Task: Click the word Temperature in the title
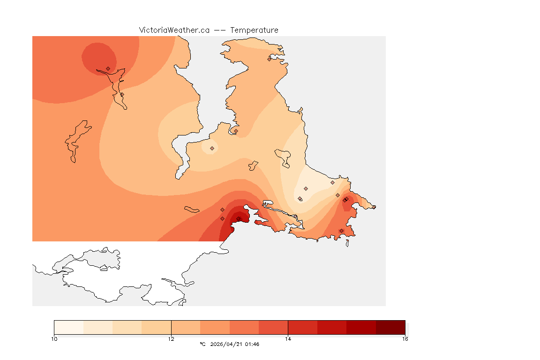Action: [x=254, y=30]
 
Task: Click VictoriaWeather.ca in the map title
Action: [x=174, y=30]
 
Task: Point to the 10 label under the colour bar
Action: [x=54, y=338]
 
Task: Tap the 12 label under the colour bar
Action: [x=171, y=338]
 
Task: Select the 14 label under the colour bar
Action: [x=288, y=338]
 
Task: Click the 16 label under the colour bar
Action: [x=405, y=338]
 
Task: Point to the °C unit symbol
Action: [x=202, y=344]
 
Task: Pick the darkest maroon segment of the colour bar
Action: [x=390, y=327]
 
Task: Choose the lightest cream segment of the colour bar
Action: [x=68, y=327]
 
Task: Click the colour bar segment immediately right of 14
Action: [x=302, y=327]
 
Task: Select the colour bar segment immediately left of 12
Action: [x=156, y=327]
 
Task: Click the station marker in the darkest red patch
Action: [x=238, y=219]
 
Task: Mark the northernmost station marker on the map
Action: [x=270, y=59]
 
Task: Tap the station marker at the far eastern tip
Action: [x=374, y=207]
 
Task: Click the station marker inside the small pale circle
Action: [x=212, y=148]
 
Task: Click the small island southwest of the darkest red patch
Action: [x=192, y=209]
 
